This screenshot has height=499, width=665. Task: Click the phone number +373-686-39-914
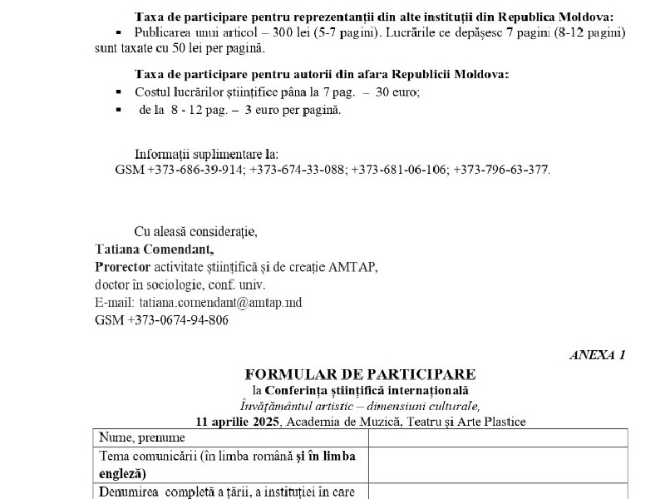click(196, 169)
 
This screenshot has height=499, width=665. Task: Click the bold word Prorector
click(122, 266)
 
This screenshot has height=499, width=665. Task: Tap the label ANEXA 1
click(597, 355)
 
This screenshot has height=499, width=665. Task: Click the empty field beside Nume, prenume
click(498, 437)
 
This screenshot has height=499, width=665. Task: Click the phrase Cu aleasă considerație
click(196, 231)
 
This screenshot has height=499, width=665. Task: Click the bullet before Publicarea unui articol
click(119, 32)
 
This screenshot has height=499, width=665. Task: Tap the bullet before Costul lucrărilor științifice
click(119, 93)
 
